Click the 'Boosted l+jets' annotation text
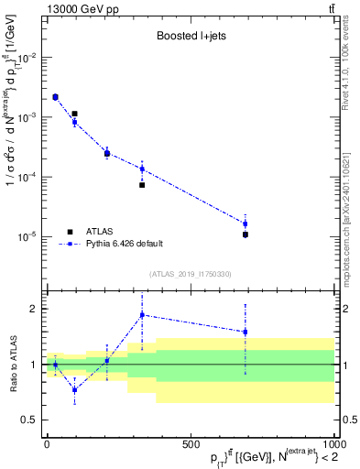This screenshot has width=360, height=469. click(x=190, y=38)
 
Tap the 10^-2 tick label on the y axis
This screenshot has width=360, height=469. click(x=26, y=57)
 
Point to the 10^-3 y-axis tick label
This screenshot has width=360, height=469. click(x=26, y=117)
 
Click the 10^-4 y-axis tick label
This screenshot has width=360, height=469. click(x=26, y=177)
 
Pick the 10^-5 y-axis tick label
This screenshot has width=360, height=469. click(x=26, y=236)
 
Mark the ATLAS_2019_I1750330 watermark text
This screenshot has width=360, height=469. click(x=190, y=274)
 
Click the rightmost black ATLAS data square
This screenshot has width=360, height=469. click(x=245, y=234)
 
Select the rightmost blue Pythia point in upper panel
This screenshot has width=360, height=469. click(x=245, y=224)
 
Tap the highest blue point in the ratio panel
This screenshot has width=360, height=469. click(x=142, y=315)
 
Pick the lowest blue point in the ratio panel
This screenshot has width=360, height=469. click(x=75, y=389)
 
